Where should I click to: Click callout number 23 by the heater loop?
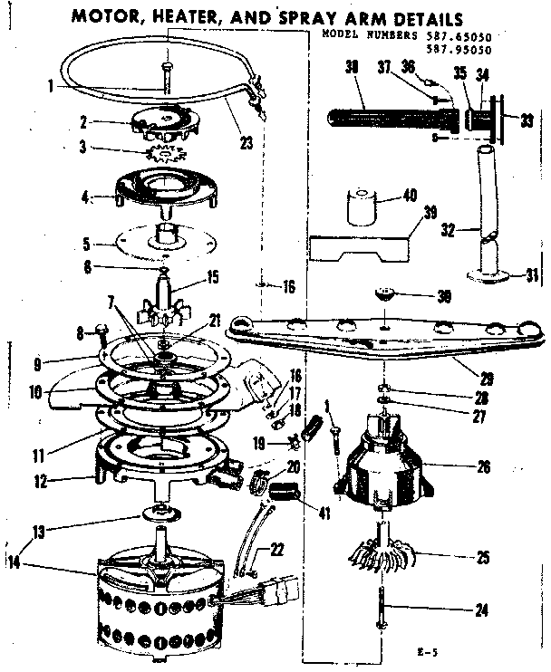(246, 141)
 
